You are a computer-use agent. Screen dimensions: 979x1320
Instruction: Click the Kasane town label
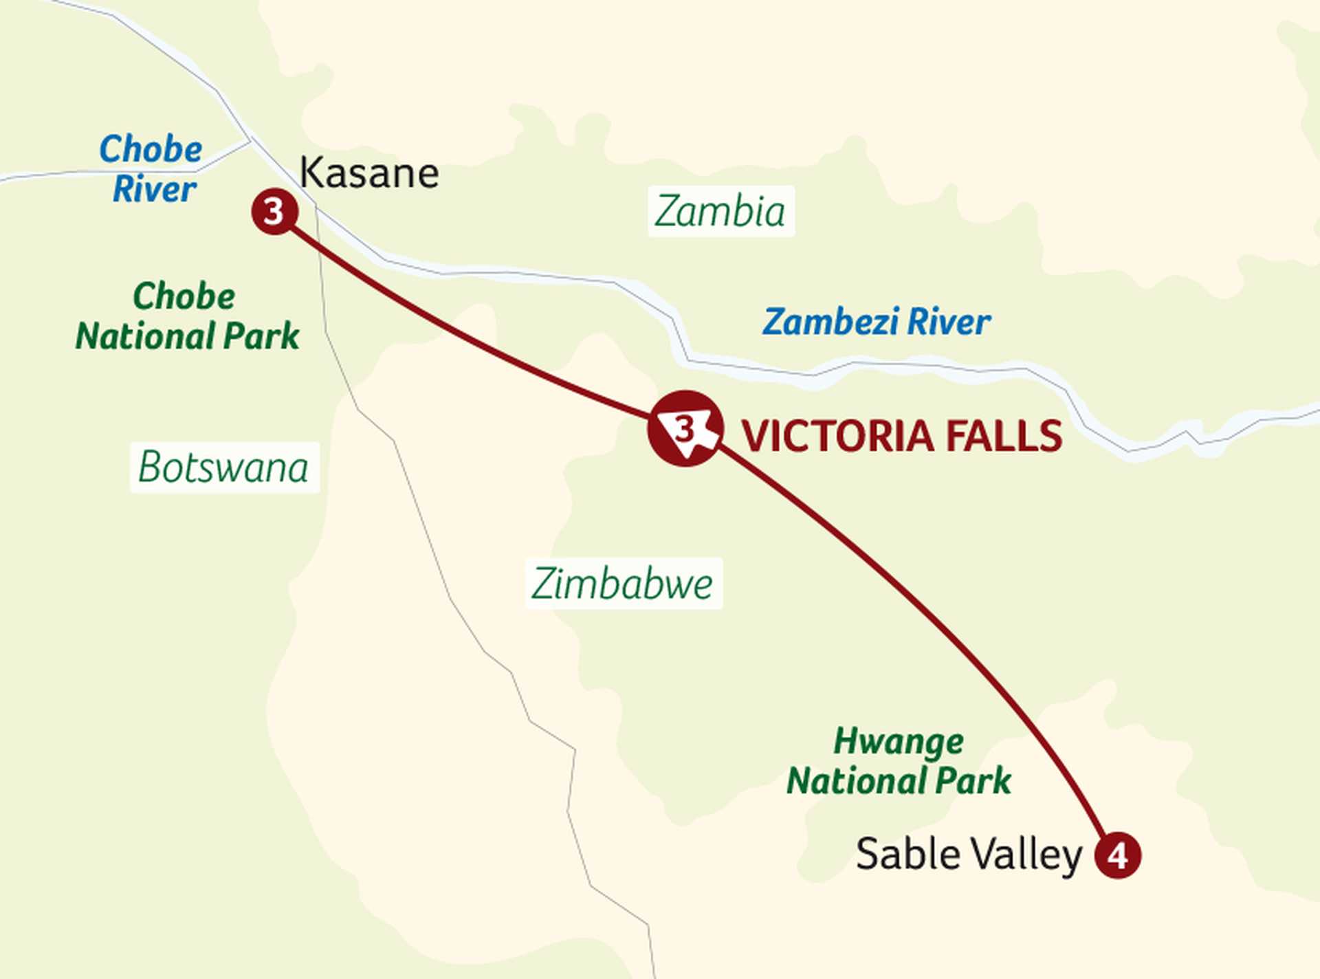(x=369, y=173)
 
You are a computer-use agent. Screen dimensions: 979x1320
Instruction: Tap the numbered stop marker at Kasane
(x=274, y=212)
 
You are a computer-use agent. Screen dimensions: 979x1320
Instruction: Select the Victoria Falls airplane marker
(x=685, y=429)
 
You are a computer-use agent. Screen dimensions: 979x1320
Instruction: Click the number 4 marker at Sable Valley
(x=1118, y=855)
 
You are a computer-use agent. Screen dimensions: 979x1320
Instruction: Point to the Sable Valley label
(x=969, y=855)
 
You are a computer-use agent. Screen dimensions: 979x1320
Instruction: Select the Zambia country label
(x=720, y=211)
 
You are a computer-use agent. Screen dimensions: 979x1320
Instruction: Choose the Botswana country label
(x=223, y=467)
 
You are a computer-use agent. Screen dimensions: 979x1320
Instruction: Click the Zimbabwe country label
(x=622, y=584)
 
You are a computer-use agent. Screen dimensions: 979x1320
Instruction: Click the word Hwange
(x=899, y=741)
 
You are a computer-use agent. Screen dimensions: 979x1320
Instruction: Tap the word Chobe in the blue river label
(x=151, y=149)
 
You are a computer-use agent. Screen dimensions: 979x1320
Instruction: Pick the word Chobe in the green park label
(x=184, y=296)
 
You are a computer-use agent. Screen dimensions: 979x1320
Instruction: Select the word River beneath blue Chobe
(x=155, y=189)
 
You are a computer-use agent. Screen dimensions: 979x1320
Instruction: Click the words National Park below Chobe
(x=187, y=336)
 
